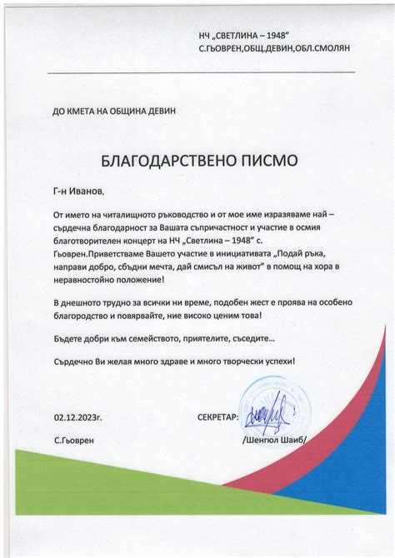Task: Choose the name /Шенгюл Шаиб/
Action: [x=274, y=439]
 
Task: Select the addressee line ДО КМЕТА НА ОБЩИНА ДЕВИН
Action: [x=113, y=111]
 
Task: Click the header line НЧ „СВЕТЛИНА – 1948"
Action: [x=243, y=36]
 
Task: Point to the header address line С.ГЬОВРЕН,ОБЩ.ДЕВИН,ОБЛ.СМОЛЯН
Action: [x=274, y=49]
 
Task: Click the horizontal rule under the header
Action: [x=201, y=73]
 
